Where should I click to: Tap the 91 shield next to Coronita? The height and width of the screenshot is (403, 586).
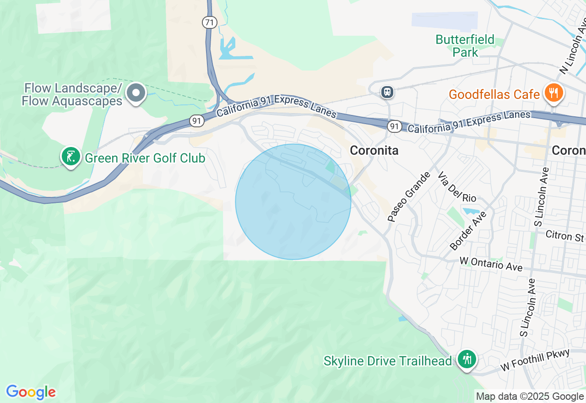pyautogui.click(x=393, y=126)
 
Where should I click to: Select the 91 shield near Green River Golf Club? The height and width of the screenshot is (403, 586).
pyautogui.click(x=196, y=121)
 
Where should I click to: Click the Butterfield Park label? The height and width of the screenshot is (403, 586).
pyautogui.click(x=465, y=46)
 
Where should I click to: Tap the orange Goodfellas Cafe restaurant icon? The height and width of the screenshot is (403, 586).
pyautogui.click(x=553, y=94)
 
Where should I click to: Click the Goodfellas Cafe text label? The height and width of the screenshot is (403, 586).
pyautogui.click(x=494, y=95)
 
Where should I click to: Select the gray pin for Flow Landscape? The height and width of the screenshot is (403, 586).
pyautogui.click(x=136, y=93)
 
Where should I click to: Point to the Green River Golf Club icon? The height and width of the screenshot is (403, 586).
pyautogui.click(x=71, y=157)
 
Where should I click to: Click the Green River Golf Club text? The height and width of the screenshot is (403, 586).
pyautogui.click(x=145, y=158)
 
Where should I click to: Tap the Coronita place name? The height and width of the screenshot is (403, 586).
pyautogui.click(x=374, y=150)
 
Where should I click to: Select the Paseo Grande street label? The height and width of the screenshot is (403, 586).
pyautogui.click(x=409, y=197)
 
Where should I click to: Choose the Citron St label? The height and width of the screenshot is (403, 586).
pyautogui.click(x=565, y=236)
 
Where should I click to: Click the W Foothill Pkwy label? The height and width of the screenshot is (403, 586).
pyautogui.click(x=535, y=360)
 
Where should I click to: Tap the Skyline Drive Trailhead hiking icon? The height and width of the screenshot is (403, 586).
pyautogui.click(x=467, y=359)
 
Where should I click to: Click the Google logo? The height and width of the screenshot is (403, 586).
pyautogui.click(x=31, y=392)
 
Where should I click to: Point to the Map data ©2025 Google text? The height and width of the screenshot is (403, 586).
pyautogui.click(x=530, y=397)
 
